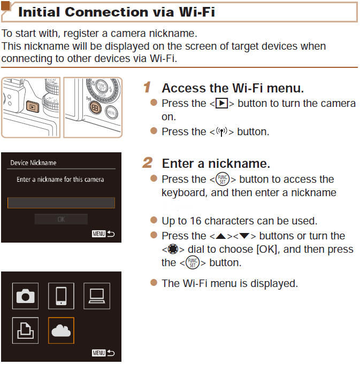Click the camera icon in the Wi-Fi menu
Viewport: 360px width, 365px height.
tap(26, 296)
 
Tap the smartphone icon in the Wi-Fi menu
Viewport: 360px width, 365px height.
tap(61, 296)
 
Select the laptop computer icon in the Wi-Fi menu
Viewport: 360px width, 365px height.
tap(96, 296)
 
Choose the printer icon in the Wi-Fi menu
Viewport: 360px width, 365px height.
tap(26, 330)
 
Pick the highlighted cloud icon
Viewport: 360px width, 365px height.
tap(61, 330)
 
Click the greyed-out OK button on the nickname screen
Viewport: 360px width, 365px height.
tap(61, 219)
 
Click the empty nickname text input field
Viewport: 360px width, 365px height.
tap(61, 203)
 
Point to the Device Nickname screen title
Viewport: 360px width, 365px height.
tap(33, 162)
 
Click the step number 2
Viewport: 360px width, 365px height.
tap(148, 162)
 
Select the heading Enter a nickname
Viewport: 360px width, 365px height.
tap(216, 163)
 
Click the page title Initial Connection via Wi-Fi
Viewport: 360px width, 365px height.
tap(116, 11)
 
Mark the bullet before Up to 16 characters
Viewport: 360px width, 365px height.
tap(154, 220)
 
